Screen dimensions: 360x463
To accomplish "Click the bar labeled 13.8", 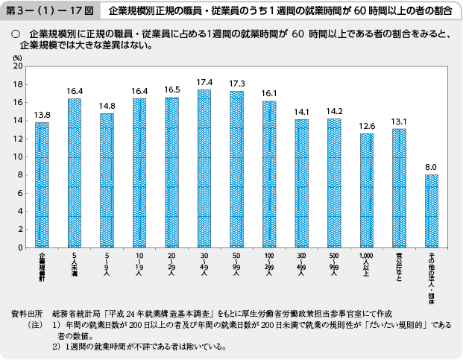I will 42,185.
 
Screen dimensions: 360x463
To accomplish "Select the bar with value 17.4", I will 204,168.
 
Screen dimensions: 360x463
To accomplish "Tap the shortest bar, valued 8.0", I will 432,211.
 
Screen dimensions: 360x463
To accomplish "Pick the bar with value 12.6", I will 367,190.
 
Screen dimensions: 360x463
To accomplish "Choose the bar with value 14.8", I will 107,180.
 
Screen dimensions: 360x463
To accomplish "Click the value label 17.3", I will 236,83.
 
